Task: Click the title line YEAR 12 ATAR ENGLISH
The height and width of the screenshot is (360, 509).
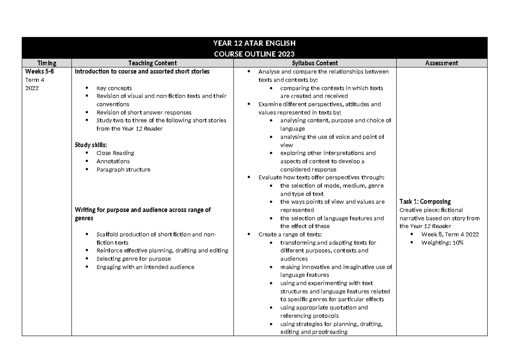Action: click(x=254, y=43)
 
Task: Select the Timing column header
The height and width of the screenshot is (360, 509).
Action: click(x=46, y=63)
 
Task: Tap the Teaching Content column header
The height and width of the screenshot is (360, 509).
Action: click(x=152, y=63)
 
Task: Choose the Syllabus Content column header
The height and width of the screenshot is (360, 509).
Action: click(x=315, y=63)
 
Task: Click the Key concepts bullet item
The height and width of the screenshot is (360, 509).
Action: click(x=114, y=88)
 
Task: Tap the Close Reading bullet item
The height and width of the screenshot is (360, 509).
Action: click(x=115, y=153)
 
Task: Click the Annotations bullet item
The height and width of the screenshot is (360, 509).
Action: click(x=113, y=161)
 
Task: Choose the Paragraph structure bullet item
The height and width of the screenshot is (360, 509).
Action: click(x=123, y=170)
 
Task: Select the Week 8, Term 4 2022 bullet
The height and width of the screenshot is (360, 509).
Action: click(x=450, y=234)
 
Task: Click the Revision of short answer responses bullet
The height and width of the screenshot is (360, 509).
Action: click(x=144, y=112)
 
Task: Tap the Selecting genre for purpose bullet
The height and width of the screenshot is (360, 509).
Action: click(x=134, y=259)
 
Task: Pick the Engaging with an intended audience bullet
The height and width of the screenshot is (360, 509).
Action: click(x=145, y=267)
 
